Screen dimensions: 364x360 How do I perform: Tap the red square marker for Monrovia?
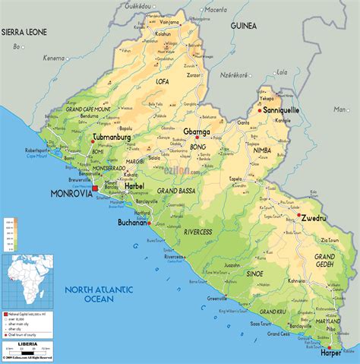coord(94,188)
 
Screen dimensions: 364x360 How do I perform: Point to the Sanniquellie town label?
coord(281,109)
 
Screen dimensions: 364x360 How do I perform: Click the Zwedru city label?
coord(314,217)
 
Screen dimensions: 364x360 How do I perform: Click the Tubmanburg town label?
coord(115,138)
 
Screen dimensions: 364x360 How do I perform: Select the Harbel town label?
coord(134,185)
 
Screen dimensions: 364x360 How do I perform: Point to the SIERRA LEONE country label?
coord(24,32)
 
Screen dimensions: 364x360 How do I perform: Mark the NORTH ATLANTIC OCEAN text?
coord(99,293)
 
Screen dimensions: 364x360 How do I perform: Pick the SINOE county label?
coord(254,273)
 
